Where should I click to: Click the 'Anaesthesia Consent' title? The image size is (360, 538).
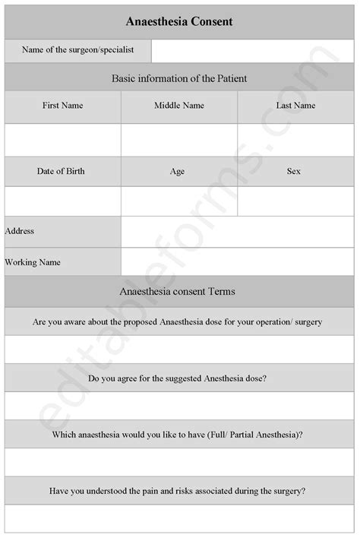coord(179,21)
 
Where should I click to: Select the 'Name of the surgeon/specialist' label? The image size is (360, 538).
coord(78,50)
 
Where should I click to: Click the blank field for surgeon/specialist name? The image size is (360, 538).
coord(254,51)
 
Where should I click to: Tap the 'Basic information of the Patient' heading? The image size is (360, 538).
coord(179,78)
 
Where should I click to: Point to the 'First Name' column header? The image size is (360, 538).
coord(63,106)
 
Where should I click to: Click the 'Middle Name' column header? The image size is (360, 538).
coord(179,106)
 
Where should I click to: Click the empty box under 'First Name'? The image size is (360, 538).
coord(63,140)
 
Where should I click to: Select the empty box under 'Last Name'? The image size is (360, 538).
coord(296,140)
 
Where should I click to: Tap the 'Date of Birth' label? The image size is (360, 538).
coord(61,171)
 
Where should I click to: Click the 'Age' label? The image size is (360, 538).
coord(178,172)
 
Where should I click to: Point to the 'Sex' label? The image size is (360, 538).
coord(294,171)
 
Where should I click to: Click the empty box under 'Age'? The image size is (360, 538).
coord(179,201)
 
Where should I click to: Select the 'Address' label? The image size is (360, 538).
coord(20,231)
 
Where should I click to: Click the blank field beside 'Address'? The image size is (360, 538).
coord(238,232)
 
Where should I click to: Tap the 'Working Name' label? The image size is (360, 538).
coord(33,262)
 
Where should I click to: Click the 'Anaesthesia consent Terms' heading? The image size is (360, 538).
coord(178,291)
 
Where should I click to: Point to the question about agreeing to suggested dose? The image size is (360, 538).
coord(178,378)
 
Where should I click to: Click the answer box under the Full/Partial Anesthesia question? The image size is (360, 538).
coord(179,462)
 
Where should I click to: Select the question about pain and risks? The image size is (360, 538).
coord(178,491)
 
